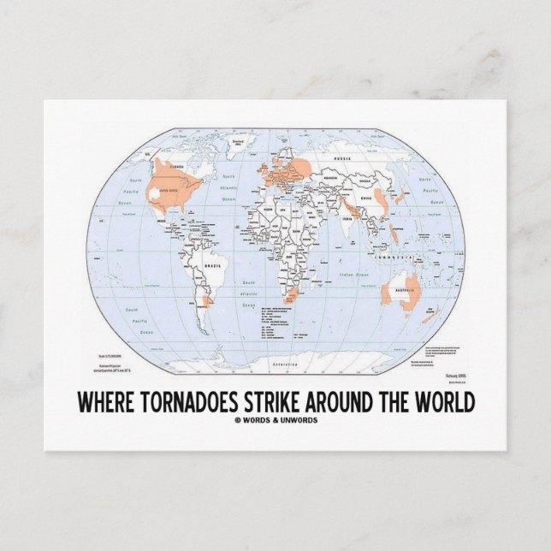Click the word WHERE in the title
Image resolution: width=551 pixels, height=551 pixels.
pyautogui.click(x=105, y=401)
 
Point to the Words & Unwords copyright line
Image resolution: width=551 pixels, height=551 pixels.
pyautogui.click(x=275, y=418)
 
